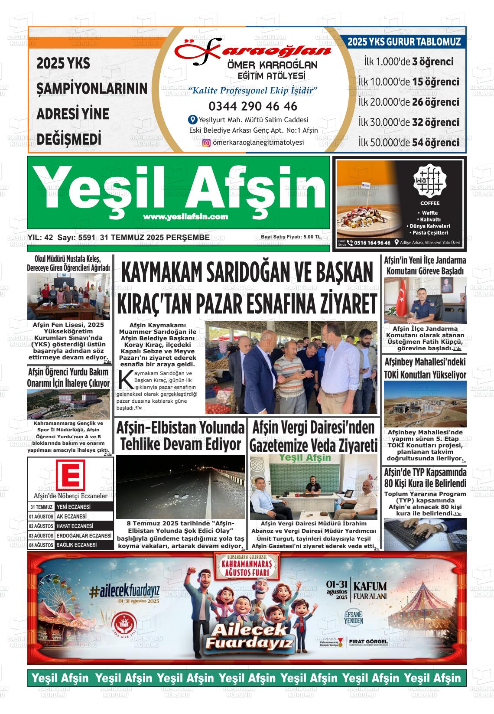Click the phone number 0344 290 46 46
pos(253,106)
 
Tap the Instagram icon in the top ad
pos(207,143)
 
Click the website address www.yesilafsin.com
pos(185,217)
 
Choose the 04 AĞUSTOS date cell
pos(41,545)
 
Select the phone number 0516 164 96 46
pos(372,243)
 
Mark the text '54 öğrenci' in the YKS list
pos(435,142)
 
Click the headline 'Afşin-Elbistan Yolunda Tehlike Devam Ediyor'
pos(180,436)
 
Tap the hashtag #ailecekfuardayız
pos(125,590)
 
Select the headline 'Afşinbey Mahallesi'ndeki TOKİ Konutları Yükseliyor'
pos(425,368)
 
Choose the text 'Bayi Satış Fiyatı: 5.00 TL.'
pos(291,237)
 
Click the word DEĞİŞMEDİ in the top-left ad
pos(69,139)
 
